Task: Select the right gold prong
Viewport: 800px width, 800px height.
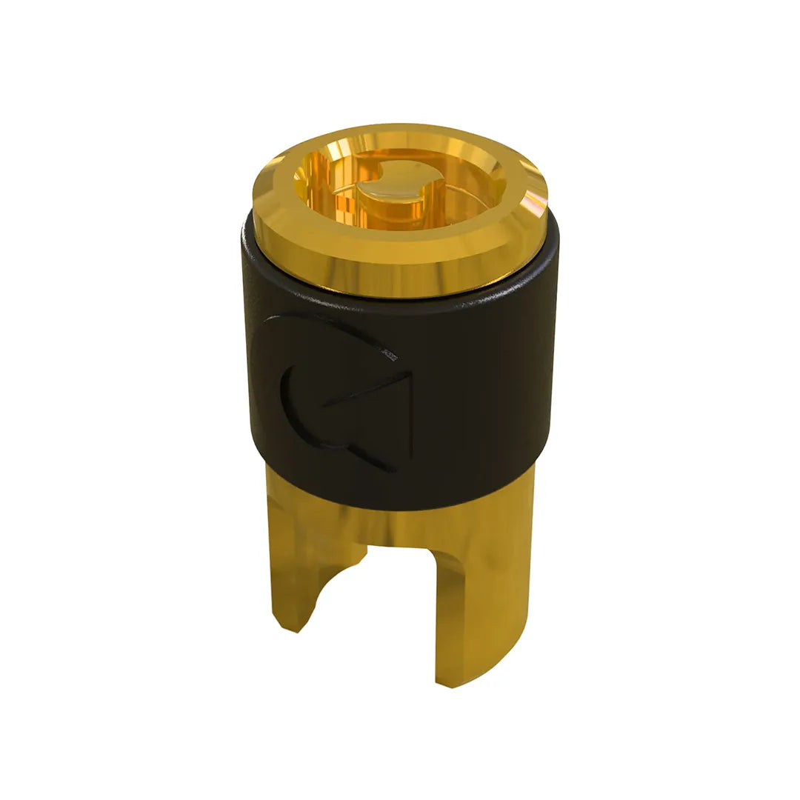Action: click(474, 593)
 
